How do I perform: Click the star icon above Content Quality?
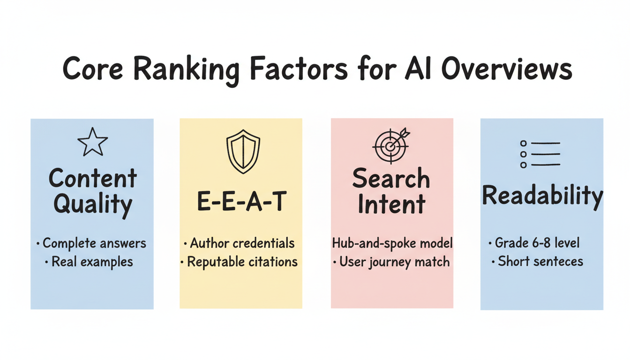coord(92,142)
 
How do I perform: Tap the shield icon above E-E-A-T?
coord(243,151)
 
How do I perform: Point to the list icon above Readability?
coord(540,154)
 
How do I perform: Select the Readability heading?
coord(542,196)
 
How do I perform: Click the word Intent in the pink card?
coord(391,205)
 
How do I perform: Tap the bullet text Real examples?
coord(92,262)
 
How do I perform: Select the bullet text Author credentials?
coord(242,244)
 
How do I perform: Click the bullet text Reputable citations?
coord(242,262)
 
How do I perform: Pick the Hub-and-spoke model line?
coord(392,243)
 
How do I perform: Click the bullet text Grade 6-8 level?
coord(537,243)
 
